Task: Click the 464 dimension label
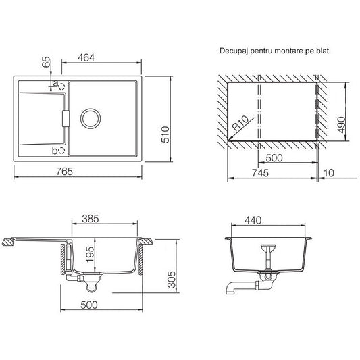[x=86, y=58]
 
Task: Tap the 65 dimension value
[x=47, y=62]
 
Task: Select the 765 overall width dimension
[x=65, y=172]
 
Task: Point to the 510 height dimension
[x=165, y=134]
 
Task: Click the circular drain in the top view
[x=91, y=118]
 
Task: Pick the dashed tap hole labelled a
[x=61, y=86]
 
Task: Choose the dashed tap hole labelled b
[x=61, y=151]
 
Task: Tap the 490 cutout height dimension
[x=342, y=125]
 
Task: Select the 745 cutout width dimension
[x=260, y=173]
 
